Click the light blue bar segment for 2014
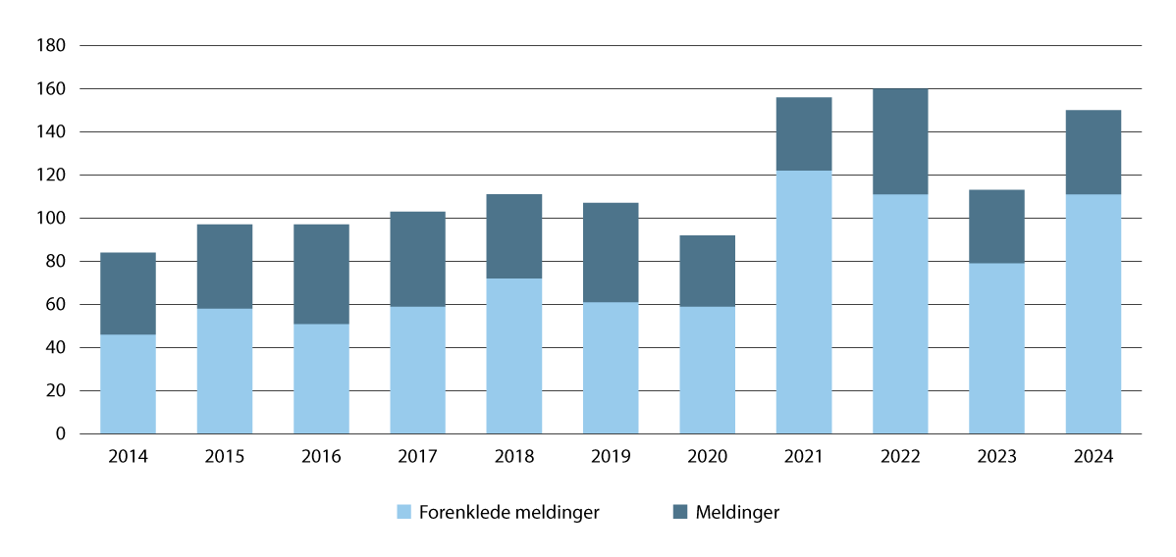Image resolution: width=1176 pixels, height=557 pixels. coord(128,383)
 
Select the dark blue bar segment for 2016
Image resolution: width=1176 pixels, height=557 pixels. coord(321,274)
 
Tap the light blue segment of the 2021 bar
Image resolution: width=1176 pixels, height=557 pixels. coord(803,302)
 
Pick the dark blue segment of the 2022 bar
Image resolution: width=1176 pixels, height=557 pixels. coord(900,141)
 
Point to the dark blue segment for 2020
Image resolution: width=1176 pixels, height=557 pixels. coord(707,271)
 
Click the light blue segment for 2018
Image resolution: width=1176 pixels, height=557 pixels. coord(514,356)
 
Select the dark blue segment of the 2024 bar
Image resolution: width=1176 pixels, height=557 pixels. coord(1094,152)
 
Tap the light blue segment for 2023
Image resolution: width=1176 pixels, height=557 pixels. coord(996,348)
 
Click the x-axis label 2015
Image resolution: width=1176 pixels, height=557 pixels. coord(225,457)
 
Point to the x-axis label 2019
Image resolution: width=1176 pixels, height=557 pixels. coord(611,457)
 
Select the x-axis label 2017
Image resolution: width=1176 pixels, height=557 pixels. coord(417,457)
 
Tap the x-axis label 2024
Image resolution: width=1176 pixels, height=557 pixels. coord(1094,457)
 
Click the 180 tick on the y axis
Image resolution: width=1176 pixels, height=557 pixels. coord(50,46)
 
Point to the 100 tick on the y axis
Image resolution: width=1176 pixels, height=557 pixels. coord(50,219)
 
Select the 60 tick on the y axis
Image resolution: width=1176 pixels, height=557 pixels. coord(54,305)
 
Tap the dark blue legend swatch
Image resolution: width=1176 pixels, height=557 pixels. coord(680,512)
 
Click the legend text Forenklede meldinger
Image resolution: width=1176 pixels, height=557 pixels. coord(508,512)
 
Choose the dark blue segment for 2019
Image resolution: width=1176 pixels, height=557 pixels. coord(611,252)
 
